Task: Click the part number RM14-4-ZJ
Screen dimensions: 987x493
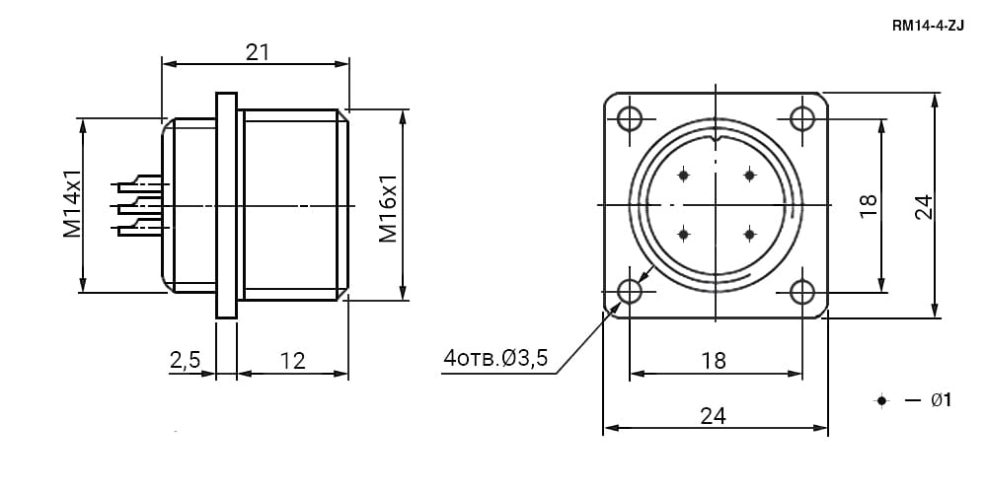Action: (928, 26)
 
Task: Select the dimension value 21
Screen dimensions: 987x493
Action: (258, 52)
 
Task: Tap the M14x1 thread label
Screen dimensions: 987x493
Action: (73, 203)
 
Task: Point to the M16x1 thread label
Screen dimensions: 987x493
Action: (388, 208)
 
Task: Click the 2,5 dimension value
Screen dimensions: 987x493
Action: (185, 360)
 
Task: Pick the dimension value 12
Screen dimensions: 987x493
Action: (293, 360)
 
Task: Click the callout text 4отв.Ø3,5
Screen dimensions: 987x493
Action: (496, 358)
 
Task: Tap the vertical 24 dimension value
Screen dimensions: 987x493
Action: (923, 206)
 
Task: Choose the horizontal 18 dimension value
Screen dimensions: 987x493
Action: (714, 360)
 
